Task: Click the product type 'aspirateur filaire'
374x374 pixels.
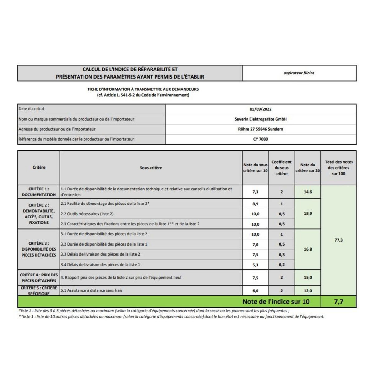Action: [x=299, y=73]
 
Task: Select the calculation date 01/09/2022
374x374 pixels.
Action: [x=261, y=109]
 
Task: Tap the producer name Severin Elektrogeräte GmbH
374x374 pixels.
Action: [x=261, y=119]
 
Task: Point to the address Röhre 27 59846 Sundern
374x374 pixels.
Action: [x=261, y=129]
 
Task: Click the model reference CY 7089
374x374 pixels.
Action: [x=261, y=139]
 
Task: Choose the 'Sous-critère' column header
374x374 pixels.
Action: [x=151, y=168]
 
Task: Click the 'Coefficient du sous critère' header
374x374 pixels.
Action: [x=281, y=168]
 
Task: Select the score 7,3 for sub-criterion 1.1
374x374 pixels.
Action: [x=255, y=192]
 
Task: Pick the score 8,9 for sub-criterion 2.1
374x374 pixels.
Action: [x=255, y=204]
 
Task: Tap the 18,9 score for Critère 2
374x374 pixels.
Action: [x=308, y=214]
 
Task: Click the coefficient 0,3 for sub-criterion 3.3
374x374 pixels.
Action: [x=282, y=255]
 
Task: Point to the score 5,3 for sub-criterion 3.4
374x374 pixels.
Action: [x=255, y=265]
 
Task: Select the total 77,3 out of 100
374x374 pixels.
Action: [x=338, y=240]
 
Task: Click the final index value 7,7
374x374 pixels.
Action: [x=338, y=302]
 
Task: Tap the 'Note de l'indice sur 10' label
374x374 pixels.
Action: [x=276, y=302]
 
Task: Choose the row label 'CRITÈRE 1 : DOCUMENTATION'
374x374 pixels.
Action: [x=39, y=192]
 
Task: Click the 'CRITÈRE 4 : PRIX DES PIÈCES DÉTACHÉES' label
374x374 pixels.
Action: [x=39, y=278]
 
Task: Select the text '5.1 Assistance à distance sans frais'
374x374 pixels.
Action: [x=92, y=290]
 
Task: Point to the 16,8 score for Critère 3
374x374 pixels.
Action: [x=308, y=249]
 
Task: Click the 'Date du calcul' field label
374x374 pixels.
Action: [x=31, y=109]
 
